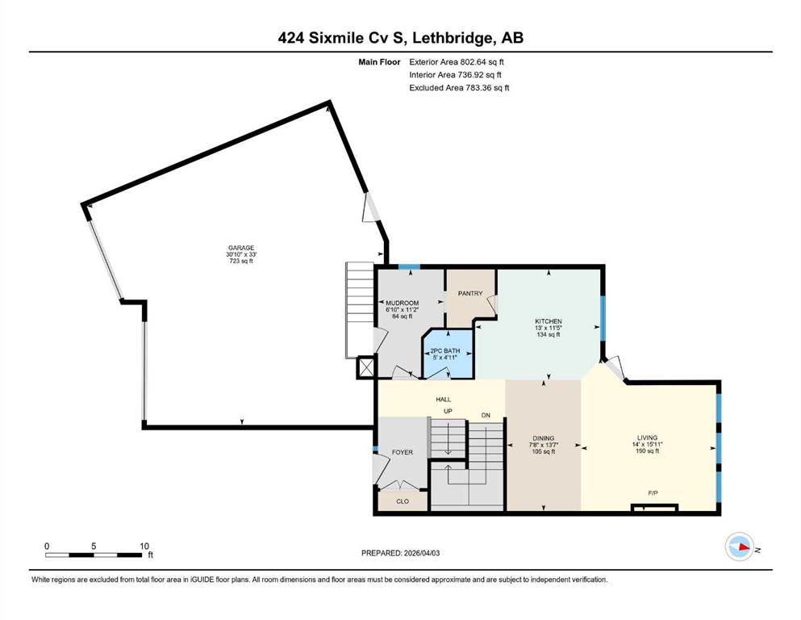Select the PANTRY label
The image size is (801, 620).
click(469, 295)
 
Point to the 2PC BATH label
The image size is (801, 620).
click(444, 350)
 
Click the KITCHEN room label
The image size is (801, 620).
click(548, 321)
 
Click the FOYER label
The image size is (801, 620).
click(402, 452)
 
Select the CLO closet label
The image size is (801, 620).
click(402, 501)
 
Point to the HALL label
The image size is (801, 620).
click(444, 399)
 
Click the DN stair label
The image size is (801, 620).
click(485, 415)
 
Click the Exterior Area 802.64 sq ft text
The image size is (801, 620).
click(458, 61)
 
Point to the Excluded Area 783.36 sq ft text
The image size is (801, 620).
click(458, 87)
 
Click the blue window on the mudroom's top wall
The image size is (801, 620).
click(409, 267)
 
